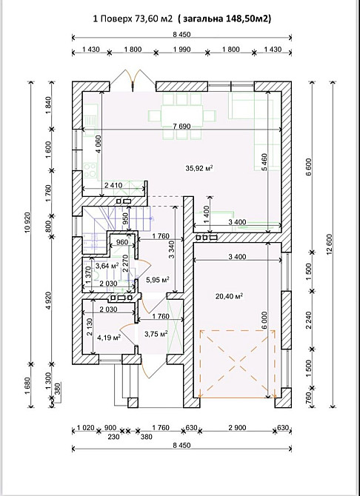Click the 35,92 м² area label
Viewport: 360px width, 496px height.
[x=199, y=168]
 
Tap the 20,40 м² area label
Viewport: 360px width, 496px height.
[x=230, y=296]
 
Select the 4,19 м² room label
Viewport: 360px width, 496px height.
[x=109, y=338]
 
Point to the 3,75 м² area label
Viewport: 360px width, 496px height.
[x=156, y=334]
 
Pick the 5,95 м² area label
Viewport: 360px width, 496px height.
[x=157, y=279]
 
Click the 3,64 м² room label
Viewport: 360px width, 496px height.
[x=107, y=266]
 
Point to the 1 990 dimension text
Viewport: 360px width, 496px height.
[x=181, y=49]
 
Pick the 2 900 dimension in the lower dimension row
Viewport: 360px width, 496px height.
[x=237, y=428]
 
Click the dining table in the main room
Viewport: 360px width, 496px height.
[x=182, y=115]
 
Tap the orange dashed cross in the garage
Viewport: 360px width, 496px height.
[x=237, y=363]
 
